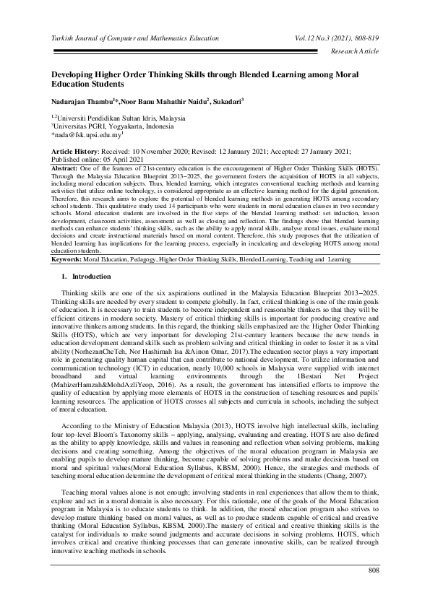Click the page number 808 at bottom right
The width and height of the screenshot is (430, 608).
pyautogui.click(x=374, y=591)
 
